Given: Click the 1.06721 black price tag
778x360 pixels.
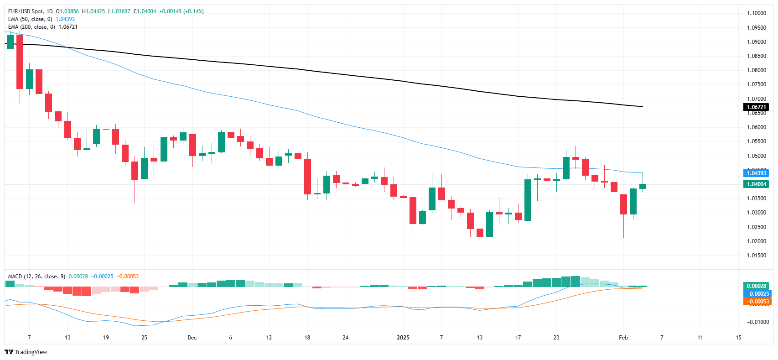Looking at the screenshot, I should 756,107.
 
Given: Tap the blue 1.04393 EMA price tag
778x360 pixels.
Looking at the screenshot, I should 756,173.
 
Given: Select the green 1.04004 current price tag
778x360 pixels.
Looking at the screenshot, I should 756,184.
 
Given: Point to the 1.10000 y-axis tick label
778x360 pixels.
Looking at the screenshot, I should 756,13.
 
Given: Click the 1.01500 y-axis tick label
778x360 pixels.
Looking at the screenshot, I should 756,256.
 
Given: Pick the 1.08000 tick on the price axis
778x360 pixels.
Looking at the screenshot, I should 756,70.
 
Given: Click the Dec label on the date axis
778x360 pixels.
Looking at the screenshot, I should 192,338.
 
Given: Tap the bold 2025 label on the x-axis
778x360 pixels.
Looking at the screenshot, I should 403,338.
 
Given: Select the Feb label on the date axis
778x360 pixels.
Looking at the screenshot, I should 623,338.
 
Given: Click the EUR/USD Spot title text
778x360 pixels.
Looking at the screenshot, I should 26,11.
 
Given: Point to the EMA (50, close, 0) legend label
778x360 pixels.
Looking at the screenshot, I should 30,19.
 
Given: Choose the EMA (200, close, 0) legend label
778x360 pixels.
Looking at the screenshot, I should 31,27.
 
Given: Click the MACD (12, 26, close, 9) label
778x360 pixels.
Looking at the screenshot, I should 36,277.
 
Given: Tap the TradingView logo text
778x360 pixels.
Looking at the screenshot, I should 31,352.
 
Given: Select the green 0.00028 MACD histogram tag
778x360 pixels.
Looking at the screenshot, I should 756,286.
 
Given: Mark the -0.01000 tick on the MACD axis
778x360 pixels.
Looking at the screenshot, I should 757,322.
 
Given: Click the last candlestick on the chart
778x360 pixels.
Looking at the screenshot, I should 643,186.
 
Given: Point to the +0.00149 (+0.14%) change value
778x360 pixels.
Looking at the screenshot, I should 181,11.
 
